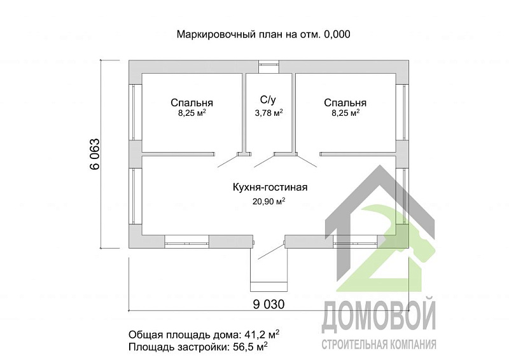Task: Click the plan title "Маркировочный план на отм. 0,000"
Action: tap(263, 34)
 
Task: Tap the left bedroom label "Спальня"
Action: tap(192, 102)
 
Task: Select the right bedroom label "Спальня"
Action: tap(345, 102)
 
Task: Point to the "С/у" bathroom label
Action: tap(268, 100)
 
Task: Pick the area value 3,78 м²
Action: tap(268, 113)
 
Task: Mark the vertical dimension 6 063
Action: tap(94, 154)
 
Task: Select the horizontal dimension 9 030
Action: tap(268, 303)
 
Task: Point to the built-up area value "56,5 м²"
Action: tap(248, 347)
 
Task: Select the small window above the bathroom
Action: tap(268, 63)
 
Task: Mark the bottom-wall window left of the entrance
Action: tap(186, 241)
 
